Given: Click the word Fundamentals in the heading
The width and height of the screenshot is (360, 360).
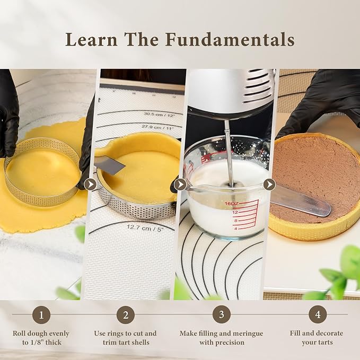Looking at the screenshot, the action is click(x=230, y=39).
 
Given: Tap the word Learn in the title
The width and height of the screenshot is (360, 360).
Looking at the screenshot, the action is click(x=92, y=39).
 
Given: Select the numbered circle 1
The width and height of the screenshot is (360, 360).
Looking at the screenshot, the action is click(x=41, y=314).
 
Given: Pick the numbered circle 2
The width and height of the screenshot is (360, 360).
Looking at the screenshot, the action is click(x=125, y=314).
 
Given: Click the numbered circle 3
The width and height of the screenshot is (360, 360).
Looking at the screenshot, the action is click(x=221, y=314).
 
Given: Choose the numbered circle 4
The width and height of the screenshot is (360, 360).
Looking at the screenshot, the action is click(x=318, y=314).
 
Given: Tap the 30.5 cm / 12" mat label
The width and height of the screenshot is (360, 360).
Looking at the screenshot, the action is click(x=160, y=114).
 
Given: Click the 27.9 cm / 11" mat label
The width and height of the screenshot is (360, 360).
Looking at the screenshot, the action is click(x=157, y=127).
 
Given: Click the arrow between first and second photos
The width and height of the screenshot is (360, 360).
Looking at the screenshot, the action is click(x=90, y=184).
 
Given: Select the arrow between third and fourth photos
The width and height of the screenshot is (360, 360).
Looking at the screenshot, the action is click(x=269, y=184).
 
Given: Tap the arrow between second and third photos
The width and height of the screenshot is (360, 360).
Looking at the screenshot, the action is click(x=180, y=184).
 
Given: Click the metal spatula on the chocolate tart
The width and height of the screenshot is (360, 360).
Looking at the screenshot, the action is click(x=301, y=201).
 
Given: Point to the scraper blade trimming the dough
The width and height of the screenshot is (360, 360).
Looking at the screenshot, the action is click(x=110, y=164).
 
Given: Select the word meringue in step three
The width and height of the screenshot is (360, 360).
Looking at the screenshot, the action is click(x=243, y=333).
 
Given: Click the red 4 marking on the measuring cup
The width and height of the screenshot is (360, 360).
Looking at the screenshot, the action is click(x=235, y=229).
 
